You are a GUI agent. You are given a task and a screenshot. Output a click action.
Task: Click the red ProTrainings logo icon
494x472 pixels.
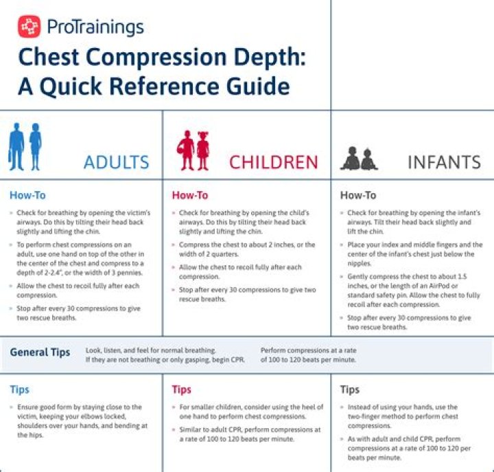30,27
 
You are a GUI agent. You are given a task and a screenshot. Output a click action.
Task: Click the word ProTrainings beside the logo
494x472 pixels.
95,27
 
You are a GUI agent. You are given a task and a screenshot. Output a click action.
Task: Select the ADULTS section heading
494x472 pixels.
116,163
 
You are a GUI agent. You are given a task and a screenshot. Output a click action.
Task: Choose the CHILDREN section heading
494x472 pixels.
273,163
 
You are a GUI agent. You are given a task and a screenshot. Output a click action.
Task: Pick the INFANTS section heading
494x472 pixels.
444,163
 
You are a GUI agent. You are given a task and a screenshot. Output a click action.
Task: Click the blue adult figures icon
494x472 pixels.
25,146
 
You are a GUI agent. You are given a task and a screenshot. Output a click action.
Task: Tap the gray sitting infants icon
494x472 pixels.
360,159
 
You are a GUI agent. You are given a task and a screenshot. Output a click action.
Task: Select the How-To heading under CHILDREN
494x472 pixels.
190,196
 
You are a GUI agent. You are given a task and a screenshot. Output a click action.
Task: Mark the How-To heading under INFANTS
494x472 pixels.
358,196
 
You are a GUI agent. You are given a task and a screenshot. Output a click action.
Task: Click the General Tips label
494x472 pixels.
40,352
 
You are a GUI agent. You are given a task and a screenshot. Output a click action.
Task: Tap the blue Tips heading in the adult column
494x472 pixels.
20,390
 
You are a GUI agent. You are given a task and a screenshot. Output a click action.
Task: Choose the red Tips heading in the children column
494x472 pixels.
182,390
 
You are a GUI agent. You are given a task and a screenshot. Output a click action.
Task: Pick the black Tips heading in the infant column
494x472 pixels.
350,390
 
